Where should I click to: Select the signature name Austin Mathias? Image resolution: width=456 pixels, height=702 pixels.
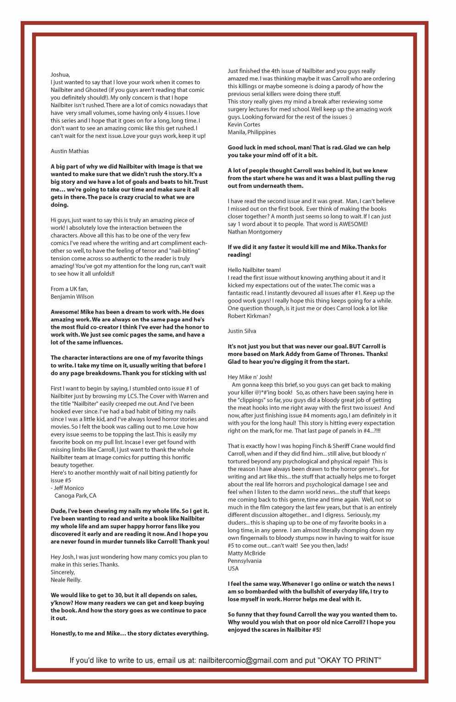[70, 151]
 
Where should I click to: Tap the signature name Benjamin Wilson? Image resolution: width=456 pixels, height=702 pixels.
[72, 297]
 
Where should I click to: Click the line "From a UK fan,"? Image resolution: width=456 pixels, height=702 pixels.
[69, 289]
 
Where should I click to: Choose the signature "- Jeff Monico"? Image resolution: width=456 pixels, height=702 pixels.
[67, 488]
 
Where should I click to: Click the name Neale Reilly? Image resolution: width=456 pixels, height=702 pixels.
[66, 580]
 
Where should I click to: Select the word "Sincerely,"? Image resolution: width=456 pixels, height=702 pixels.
[62, 572]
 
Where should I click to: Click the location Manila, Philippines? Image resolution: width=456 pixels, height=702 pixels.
[252, 132]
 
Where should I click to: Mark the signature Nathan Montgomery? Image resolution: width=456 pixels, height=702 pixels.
[255, 232]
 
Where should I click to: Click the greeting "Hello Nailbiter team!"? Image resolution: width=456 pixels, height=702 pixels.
[254, 270]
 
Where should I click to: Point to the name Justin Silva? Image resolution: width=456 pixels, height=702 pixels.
[242, 331]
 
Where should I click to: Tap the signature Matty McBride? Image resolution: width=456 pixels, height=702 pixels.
[246, 553]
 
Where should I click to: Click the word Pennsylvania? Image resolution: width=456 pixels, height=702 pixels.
[245, 561]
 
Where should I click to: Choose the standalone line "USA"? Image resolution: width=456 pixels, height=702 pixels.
[233, 569]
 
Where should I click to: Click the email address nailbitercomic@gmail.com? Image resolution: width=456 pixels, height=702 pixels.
[242, 661]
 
